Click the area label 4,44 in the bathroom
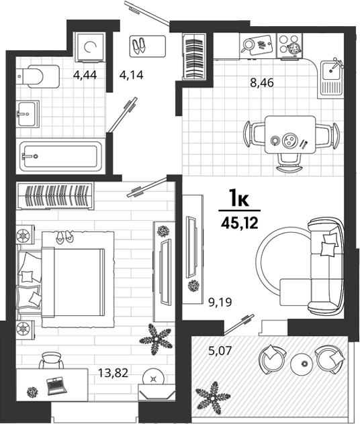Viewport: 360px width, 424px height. pos(85,74)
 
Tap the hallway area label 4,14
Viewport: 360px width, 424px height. pos(131,74)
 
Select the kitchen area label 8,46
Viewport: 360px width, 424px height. pos(262,83)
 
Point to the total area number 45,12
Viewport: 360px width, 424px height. pos(240,223)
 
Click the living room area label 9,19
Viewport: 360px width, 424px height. pos(220,302)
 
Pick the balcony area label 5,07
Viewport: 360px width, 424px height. pos(220,351)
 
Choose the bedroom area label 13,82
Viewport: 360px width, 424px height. pos(113,373)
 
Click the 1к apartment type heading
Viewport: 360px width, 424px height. pos(239,198)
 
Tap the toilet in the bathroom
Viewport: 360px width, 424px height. pos(38,76)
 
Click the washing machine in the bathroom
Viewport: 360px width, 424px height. pos(89,47)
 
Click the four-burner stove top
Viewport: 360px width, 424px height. pos(289,46)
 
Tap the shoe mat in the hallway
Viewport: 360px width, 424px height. pos(148,46)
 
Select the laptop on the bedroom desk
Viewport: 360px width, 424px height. pos(56,386)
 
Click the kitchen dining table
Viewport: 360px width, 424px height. pos(290,135)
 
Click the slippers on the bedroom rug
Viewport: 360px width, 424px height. pos(64,236)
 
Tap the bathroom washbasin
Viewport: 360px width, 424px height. pos(28,114)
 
